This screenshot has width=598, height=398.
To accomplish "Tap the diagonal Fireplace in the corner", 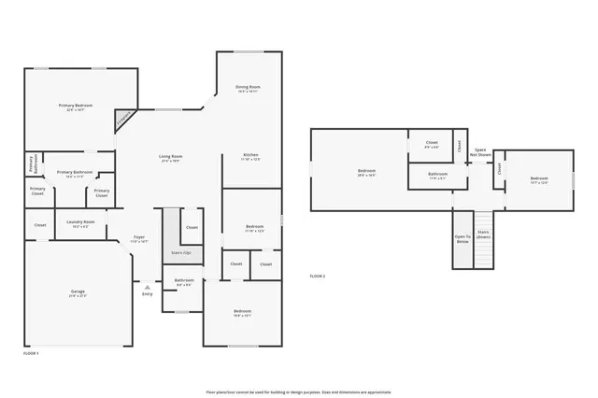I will tap(123, 119).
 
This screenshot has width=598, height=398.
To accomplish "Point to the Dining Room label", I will tap(248, 89).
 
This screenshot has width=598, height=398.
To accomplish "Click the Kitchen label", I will tap(250, 156).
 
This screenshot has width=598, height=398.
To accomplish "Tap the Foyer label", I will tap(138, 239).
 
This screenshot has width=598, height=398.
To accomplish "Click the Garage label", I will tap(78, 292).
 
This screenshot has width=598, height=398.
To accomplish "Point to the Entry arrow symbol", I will tap(147, 287).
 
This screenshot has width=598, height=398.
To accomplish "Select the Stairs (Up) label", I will tap(180, 253).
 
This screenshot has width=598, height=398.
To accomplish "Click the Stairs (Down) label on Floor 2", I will tap(483, 235).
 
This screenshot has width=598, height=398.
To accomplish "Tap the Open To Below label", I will tap(463, 237).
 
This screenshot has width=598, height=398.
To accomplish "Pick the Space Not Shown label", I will tap(481, 151).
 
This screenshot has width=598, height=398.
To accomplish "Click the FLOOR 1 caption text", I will tap(32, 353).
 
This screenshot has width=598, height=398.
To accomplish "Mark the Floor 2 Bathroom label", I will tap(437, 175).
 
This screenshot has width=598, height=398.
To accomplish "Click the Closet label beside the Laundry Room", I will tap(40, 225).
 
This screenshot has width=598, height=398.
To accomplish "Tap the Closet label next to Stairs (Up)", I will tap(191, 227).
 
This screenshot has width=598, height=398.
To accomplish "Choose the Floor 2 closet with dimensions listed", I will tap(432, 144).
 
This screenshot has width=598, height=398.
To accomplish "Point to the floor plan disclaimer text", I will tap(298, 391).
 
